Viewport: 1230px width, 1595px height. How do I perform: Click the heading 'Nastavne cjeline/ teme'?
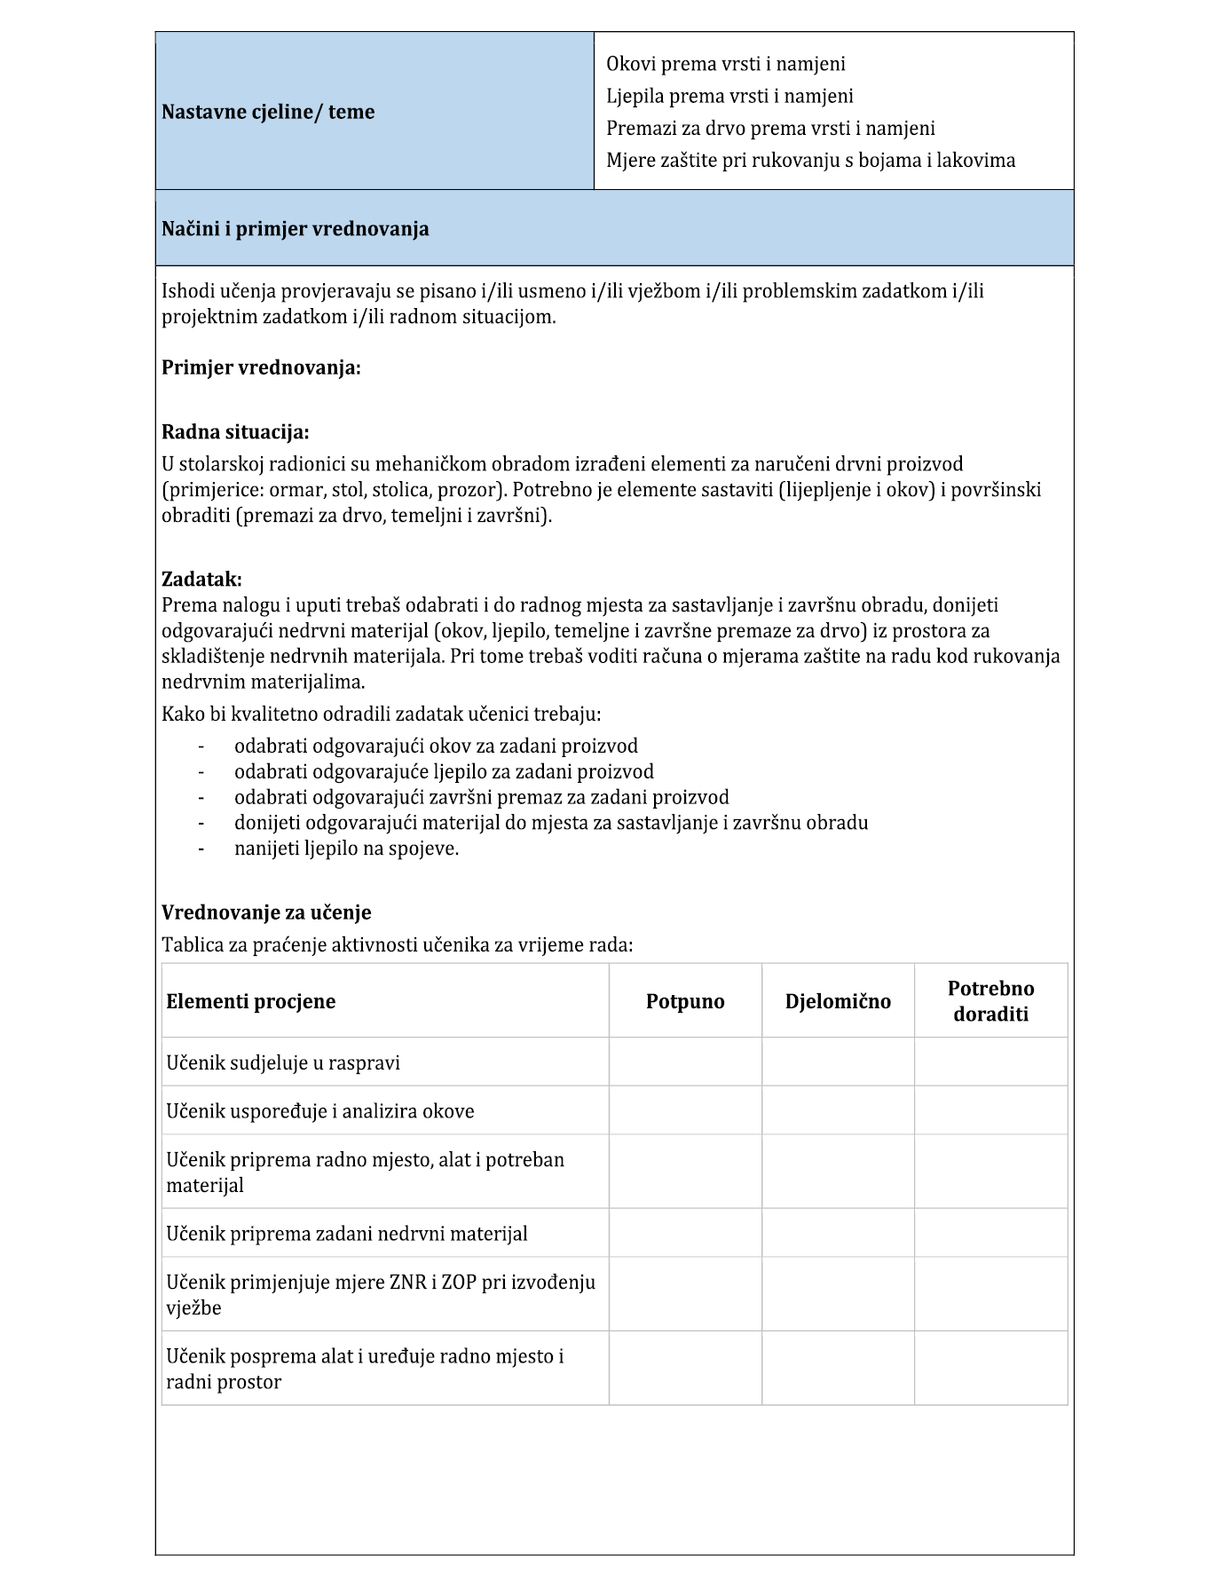(x=268, y=112)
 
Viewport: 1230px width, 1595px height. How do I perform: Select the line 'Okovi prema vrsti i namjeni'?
(x=725, y=64)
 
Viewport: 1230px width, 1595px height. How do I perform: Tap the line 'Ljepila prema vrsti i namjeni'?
(x=729, y=96)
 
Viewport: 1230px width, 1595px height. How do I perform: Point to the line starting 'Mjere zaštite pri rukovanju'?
(x=810, y=161)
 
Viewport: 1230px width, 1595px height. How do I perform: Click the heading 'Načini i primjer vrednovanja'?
(x=296, y=229)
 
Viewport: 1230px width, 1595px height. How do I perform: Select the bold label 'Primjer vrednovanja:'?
(x=261, y=367)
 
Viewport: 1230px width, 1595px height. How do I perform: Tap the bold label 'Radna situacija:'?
(x=235, y=432)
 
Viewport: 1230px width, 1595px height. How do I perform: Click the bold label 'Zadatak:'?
(x=201, y=580)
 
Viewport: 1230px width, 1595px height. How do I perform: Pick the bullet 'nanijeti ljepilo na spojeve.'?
(x=346, y=849)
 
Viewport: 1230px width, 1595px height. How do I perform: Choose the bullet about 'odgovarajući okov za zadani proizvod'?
(x=436, y=746)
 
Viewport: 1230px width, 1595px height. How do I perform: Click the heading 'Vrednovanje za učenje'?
(x=266, y=912)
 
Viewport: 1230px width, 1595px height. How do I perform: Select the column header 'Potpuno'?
(x=685, y=1002)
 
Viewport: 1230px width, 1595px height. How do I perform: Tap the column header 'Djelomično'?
(x=838, y=1002)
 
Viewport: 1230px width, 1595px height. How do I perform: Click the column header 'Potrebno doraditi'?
(x=990, y=1001)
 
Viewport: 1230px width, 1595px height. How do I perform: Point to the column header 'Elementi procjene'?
(x=251, y=1002)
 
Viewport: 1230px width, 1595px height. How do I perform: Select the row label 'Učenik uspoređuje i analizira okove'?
(x=320, y=1111)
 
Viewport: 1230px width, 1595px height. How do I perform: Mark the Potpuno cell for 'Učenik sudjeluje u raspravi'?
(x=685, y=1062)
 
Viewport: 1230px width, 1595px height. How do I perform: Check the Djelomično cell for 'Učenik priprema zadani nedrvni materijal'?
(x=838, y=1233)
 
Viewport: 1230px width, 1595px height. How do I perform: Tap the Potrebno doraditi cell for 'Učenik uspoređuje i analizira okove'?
(x=990, y=1110)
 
